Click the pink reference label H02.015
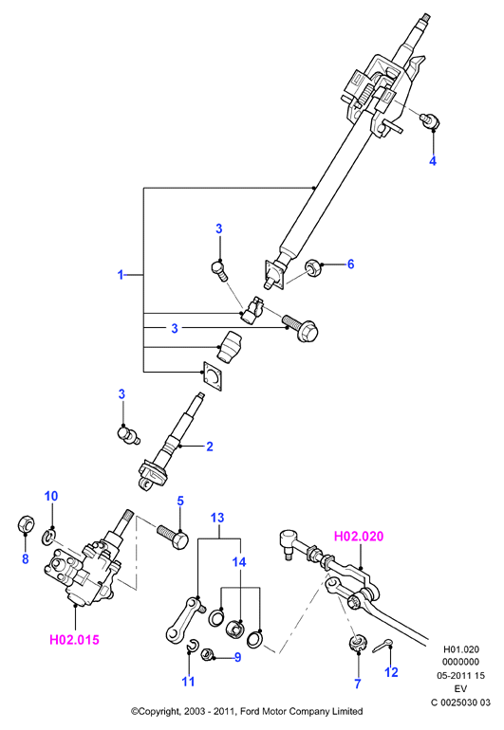[x=75, y=640]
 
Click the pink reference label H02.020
[x=359, y=537]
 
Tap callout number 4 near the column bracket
[x=433, y=161]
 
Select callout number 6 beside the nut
[x=350, y=264]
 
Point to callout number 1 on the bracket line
[x=121, y=275]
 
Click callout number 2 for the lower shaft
[x=210, y=447]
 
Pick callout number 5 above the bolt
[x=180, y=502]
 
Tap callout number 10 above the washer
[x=51, y=496]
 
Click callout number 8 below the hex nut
[x=26, y=558]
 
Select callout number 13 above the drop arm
[x=217, y=518]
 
